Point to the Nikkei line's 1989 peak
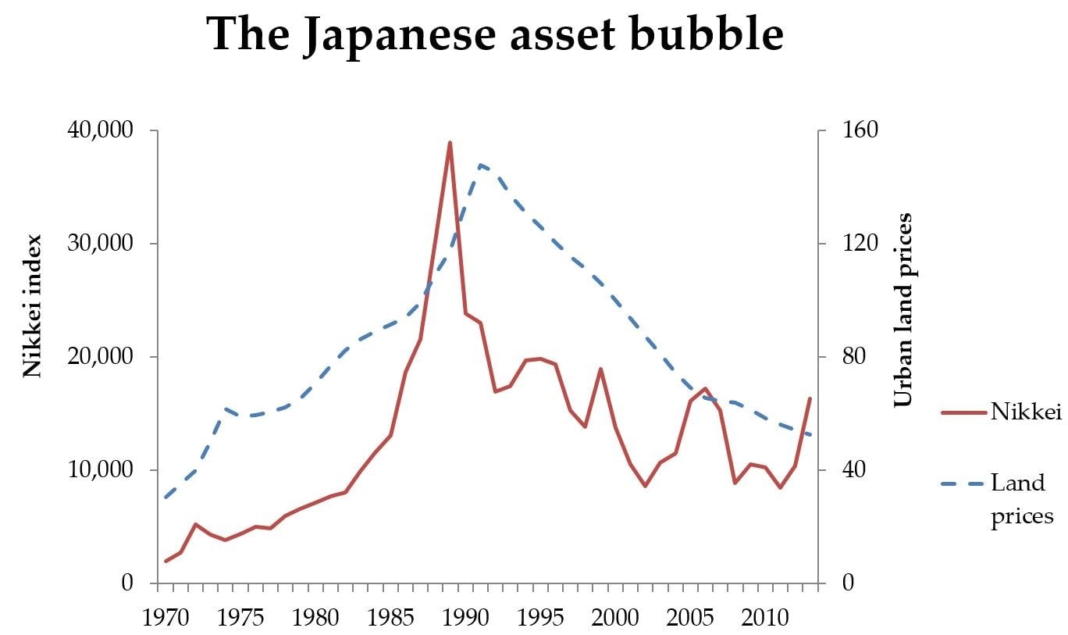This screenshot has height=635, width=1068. (x=450, y=143)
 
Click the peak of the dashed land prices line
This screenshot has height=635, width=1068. (x=480, y=165)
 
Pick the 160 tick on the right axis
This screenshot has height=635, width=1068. (x=856, y=130)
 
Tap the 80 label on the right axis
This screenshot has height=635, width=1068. (x=849, y=357)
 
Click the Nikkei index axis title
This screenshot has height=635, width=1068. (x=31, y=306)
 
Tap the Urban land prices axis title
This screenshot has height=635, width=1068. (x=902, y=310)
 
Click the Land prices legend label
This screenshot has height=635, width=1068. (x=1021, y=499)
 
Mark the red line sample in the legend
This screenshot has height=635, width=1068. (x=963, y=412)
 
